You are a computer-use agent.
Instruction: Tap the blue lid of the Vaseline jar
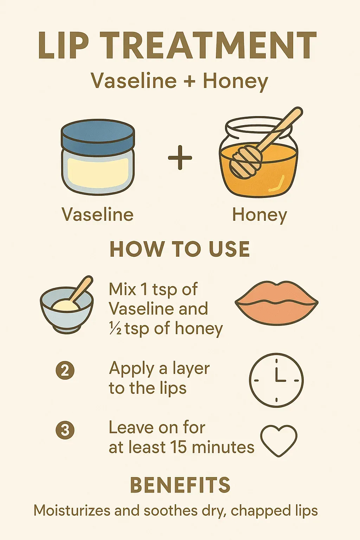point(98,137)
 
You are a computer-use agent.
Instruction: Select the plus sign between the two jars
point(180,157)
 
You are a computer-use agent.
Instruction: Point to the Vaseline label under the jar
point(98,214)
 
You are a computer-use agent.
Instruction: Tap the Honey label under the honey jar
point(260,215)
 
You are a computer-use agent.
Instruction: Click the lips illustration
point(277,303)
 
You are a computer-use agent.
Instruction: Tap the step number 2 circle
point(65,371)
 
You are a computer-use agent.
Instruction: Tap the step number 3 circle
point(65,430)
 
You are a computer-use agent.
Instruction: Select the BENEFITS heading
point(180,485)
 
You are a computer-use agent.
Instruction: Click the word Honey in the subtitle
point(236,81)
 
